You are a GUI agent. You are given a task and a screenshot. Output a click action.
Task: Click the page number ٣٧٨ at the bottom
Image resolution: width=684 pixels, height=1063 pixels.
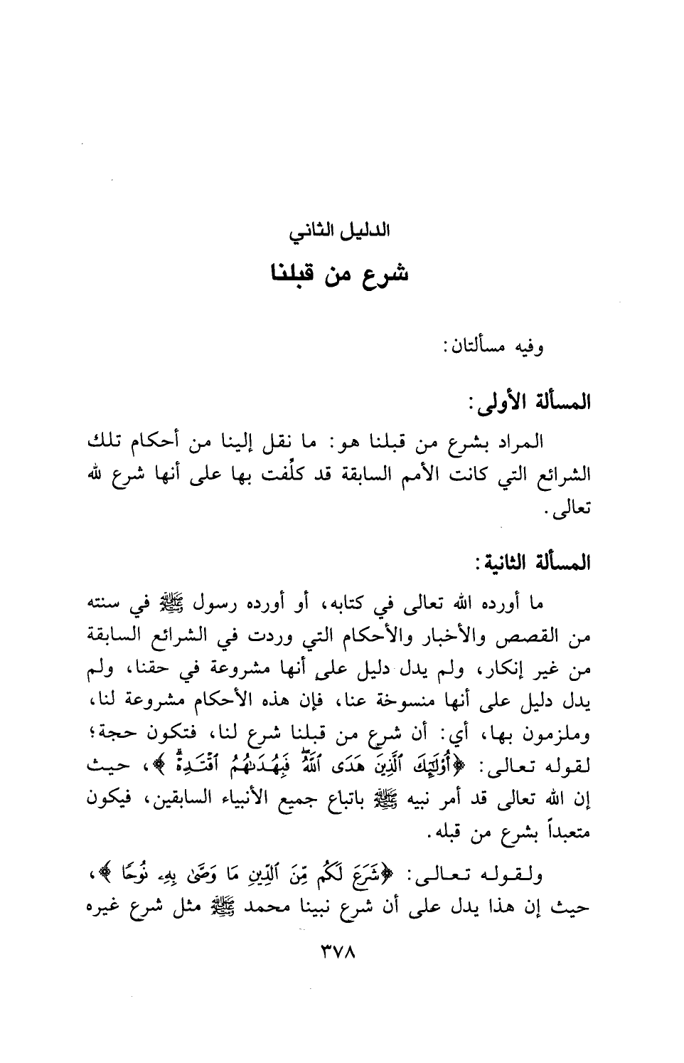pos(337,951)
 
